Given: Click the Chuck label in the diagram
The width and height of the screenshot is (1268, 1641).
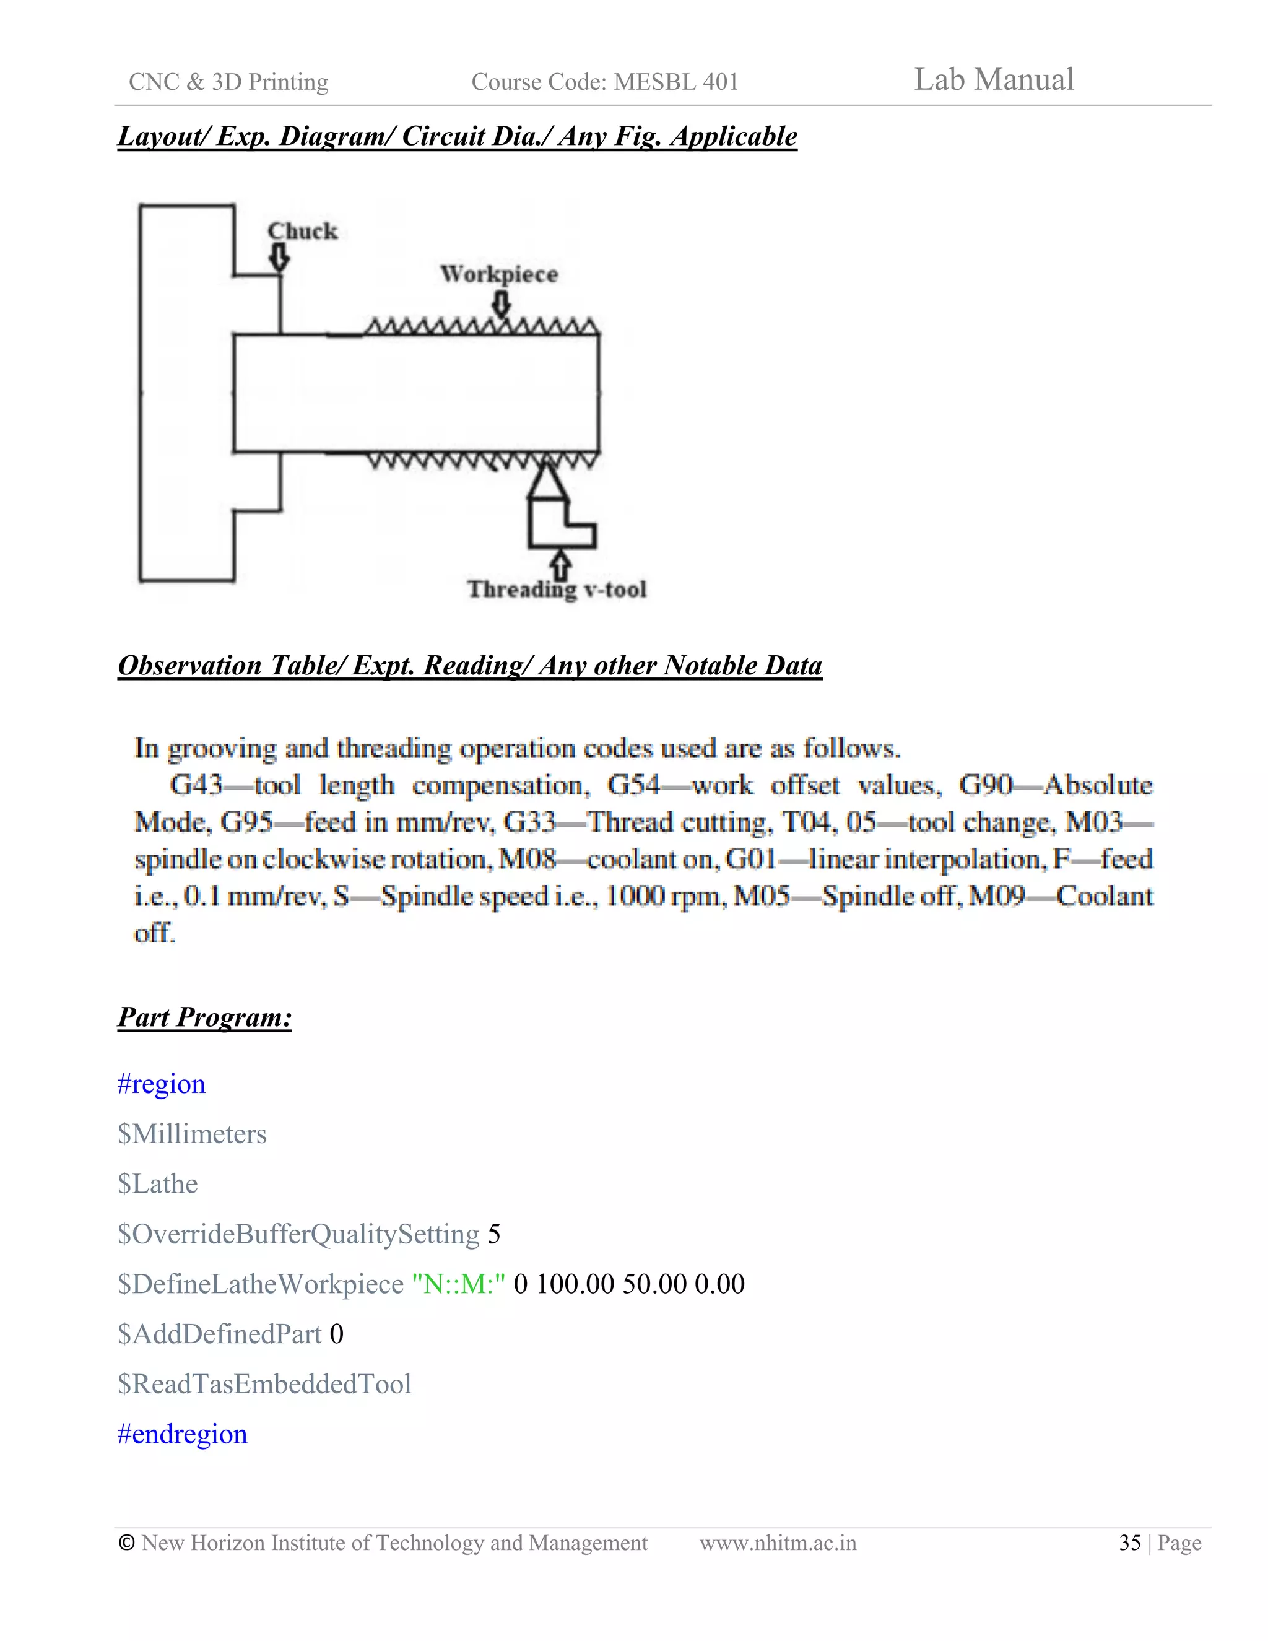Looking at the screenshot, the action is [x=303, y=231].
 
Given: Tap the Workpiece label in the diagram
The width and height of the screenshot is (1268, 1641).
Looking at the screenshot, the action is [x=499, y=274].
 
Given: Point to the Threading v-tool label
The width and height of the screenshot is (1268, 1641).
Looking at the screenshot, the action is [x=557, y=589].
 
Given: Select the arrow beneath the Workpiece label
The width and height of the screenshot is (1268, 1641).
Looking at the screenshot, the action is [x=501, y=303].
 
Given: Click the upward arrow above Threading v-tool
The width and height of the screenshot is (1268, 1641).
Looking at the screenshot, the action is [x=560, y=564].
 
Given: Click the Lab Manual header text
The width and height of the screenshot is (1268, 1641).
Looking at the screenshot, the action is [x=993, y=80].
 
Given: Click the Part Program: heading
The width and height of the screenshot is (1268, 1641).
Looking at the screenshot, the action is [x=204, y=1017].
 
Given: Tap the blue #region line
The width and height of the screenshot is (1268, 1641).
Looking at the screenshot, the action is [x=162, y=1084].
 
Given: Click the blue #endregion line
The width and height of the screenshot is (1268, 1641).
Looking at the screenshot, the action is [x=183, y=1434].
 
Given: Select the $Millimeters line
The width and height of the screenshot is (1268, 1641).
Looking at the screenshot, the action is [x=193, y=1134].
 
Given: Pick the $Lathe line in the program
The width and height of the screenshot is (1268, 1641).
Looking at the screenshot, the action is [x=158, y=1183].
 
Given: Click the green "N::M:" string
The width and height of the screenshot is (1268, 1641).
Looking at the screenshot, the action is [x=458, y=1283].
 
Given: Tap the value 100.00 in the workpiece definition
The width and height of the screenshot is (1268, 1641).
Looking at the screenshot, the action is [x=575, y=1283].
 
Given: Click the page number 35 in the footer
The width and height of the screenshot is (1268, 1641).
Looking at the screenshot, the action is [x=1130, y=1543].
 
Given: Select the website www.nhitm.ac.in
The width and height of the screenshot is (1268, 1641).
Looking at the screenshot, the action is [x=778, y=1543].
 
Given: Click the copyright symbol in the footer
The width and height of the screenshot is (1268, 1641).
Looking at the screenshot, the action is [x=127, y=1543].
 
